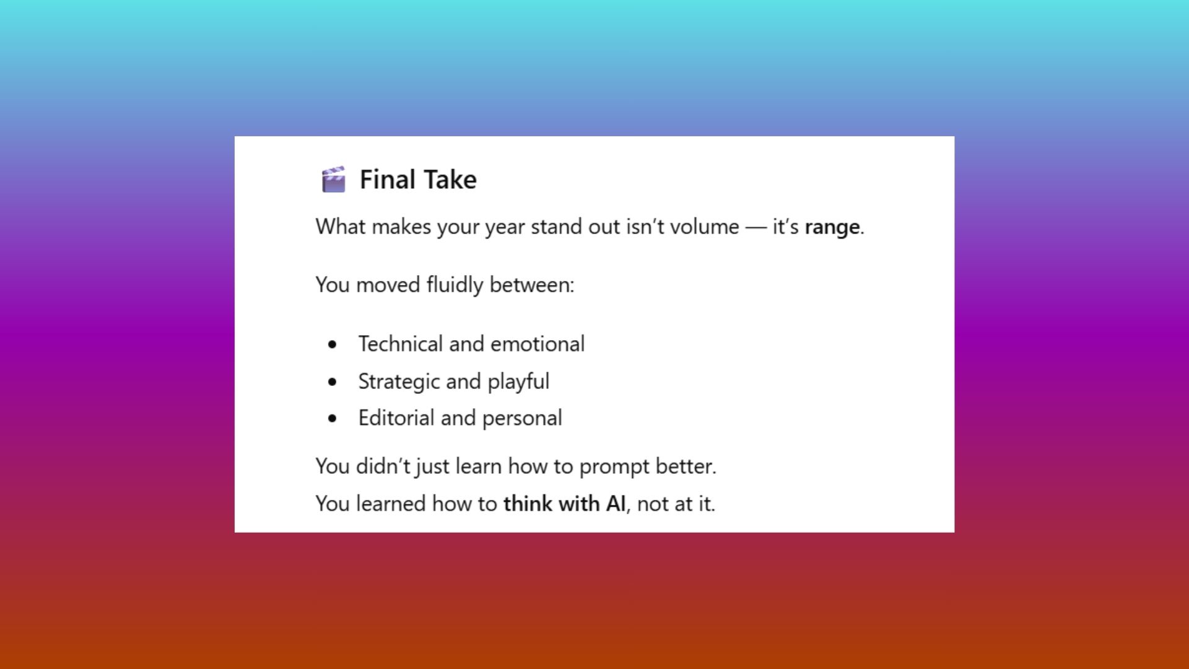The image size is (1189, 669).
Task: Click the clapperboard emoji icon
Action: click(333, 180)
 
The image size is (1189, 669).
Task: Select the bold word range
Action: click(832, 227)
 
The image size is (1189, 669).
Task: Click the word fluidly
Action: click(455, 285)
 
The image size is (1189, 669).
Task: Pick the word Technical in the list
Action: click(401, 344)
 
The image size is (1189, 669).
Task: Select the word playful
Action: click(518, 382)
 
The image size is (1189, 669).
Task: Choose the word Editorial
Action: click(396, 418)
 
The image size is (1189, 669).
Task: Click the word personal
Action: click(522, 418)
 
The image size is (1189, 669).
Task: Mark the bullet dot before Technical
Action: click(333, 344)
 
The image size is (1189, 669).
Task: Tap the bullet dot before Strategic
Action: click(333, 382)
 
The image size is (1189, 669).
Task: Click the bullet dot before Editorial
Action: click(333, 419)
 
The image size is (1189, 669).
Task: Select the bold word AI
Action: click(616, 504)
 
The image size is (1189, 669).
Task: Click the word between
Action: click(531, 285)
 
